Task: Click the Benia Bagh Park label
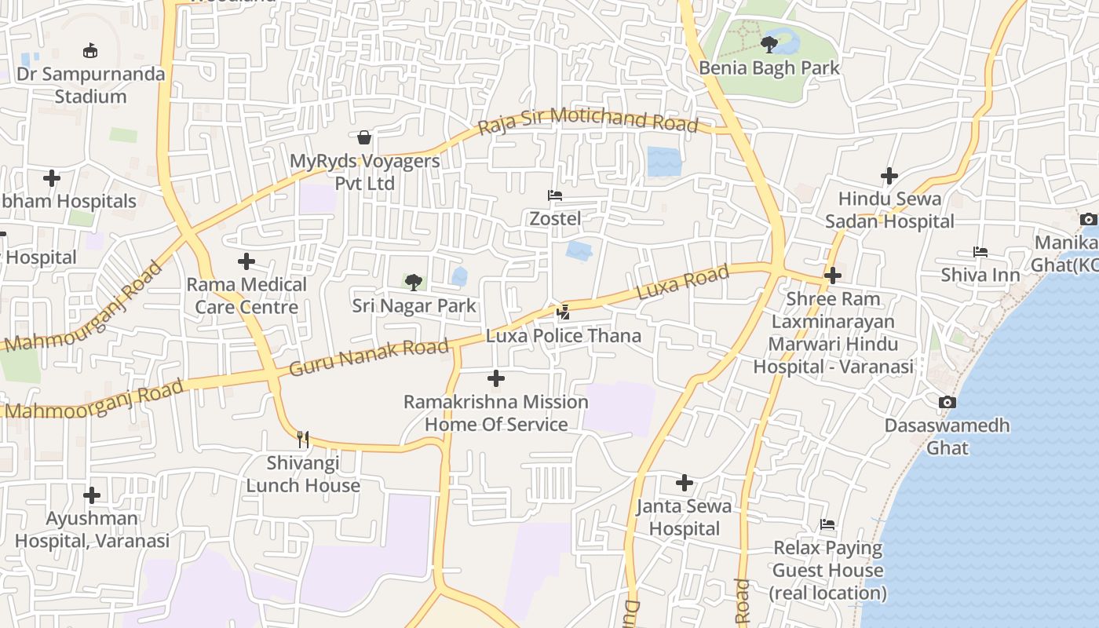(769, 68)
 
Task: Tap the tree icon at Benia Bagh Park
(769, 45)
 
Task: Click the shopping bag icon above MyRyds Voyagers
(364, 138)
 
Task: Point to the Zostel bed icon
(555, 195)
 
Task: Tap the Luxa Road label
(682, 283)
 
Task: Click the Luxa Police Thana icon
(563, 312)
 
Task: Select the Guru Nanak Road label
(369, 356)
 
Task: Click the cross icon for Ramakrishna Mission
(496, 379)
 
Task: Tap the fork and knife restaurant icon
(303, 440)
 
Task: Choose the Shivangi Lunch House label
(303, 474)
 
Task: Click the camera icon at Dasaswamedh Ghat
(947, 403)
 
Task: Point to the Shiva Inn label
(980, 275)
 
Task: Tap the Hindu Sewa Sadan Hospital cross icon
(889, 176)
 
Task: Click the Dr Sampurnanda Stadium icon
(91, 51)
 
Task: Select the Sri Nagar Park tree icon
(414, 283)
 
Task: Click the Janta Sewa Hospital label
(684, 517)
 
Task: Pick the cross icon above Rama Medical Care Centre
(246, 261)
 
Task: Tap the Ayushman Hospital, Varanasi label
(92, 530)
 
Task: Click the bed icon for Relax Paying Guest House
(827, 524)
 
